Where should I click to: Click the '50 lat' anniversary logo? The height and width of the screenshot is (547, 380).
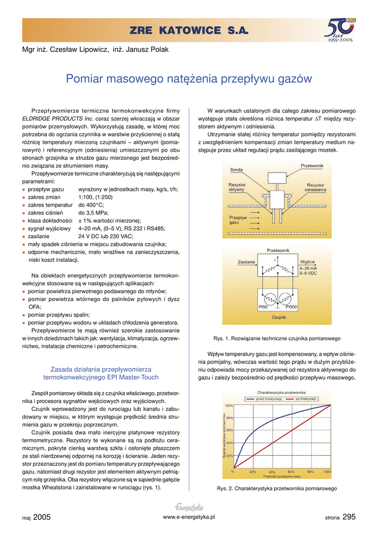(x=340, y=31)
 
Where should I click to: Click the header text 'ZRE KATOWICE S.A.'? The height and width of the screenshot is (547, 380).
(x=190, y=32)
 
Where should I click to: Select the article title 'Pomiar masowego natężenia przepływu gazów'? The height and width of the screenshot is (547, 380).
(x=189, y=79)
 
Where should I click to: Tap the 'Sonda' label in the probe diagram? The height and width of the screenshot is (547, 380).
(x=236, y=169)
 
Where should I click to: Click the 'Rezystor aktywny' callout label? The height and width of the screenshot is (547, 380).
(x=237, y=187)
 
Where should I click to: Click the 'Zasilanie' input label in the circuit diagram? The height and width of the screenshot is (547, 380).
(x=246, y=262)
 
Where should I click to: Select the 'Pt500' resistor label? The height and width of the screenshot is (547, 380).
(x=291, y=307)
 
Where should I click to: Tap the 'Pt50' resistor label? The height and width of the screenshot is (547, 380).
(x=263, y=307)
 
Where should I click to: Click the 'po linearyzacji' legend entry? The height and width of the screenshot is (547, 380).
(x=306, y=399)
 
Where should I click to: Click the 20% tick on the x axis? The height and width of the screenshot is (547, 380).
(x=252, y=472)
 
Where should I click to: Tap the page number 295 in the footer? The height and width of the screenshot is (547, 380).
(x=348, y=517)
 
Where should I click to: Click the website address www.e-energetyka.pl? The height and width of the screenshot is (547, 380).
(x=189, y=517)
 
